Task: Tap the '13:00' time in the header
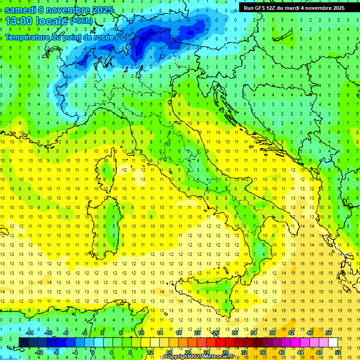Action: click(19, 21)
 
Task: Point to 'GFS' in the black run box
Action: click(259, 8)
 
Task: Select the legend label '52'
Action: click(338, 352)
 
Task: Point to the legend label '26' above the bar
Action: click(216, 333)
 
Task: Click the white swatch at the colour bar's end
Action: click(333, 342)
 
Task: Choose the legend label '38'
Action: click(272, 333)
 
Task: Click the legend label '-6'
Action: click(66, 333)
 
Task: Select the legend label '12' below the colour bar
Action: click(150, 352)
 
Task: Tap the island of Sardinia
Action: click(112, 220)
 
